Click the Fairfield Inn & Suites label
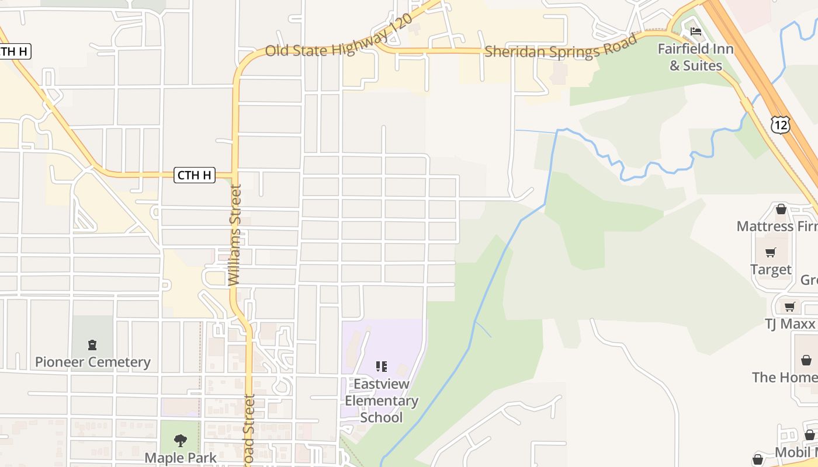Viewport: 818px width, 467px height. tap(695, 57)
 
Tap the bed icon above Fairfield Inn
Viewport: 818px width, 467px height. tap(695, 32)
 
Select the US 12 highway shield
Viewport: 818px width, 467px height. tap(780, 124)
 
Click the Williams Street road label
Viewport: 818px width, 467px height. tap(235, 235)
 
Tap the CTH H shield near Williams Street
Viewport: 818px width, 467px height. tap(195, 175)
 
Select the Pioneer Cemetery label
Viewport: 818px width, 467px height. tap(92, 362)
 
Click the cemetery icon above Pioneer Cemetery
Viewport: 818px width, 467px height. tap(92, 344)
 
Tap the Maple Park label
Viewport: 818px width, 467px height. tap(181, 458)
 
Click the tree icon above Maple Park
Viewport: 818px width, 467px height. tap(181, 440)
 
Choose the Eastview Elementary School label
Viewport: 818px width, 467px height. tap(381, 400)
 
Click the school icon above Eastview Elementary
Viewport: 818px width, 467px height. tap(381, 367)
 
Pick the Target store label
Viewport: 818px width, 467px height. tap(771, 270)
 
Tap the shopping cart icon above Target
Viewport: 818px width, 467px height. tap(771, 253)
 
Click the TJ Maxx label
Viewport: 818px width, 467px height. tap(789, 323)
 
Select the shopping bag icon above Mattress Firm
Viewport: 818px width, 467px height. tap(781, 209)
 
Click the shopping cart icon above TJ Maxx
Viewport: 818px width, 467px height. tap(790, 306)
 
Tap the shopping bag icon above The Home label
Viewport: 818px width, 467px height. tap(806, 360)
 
